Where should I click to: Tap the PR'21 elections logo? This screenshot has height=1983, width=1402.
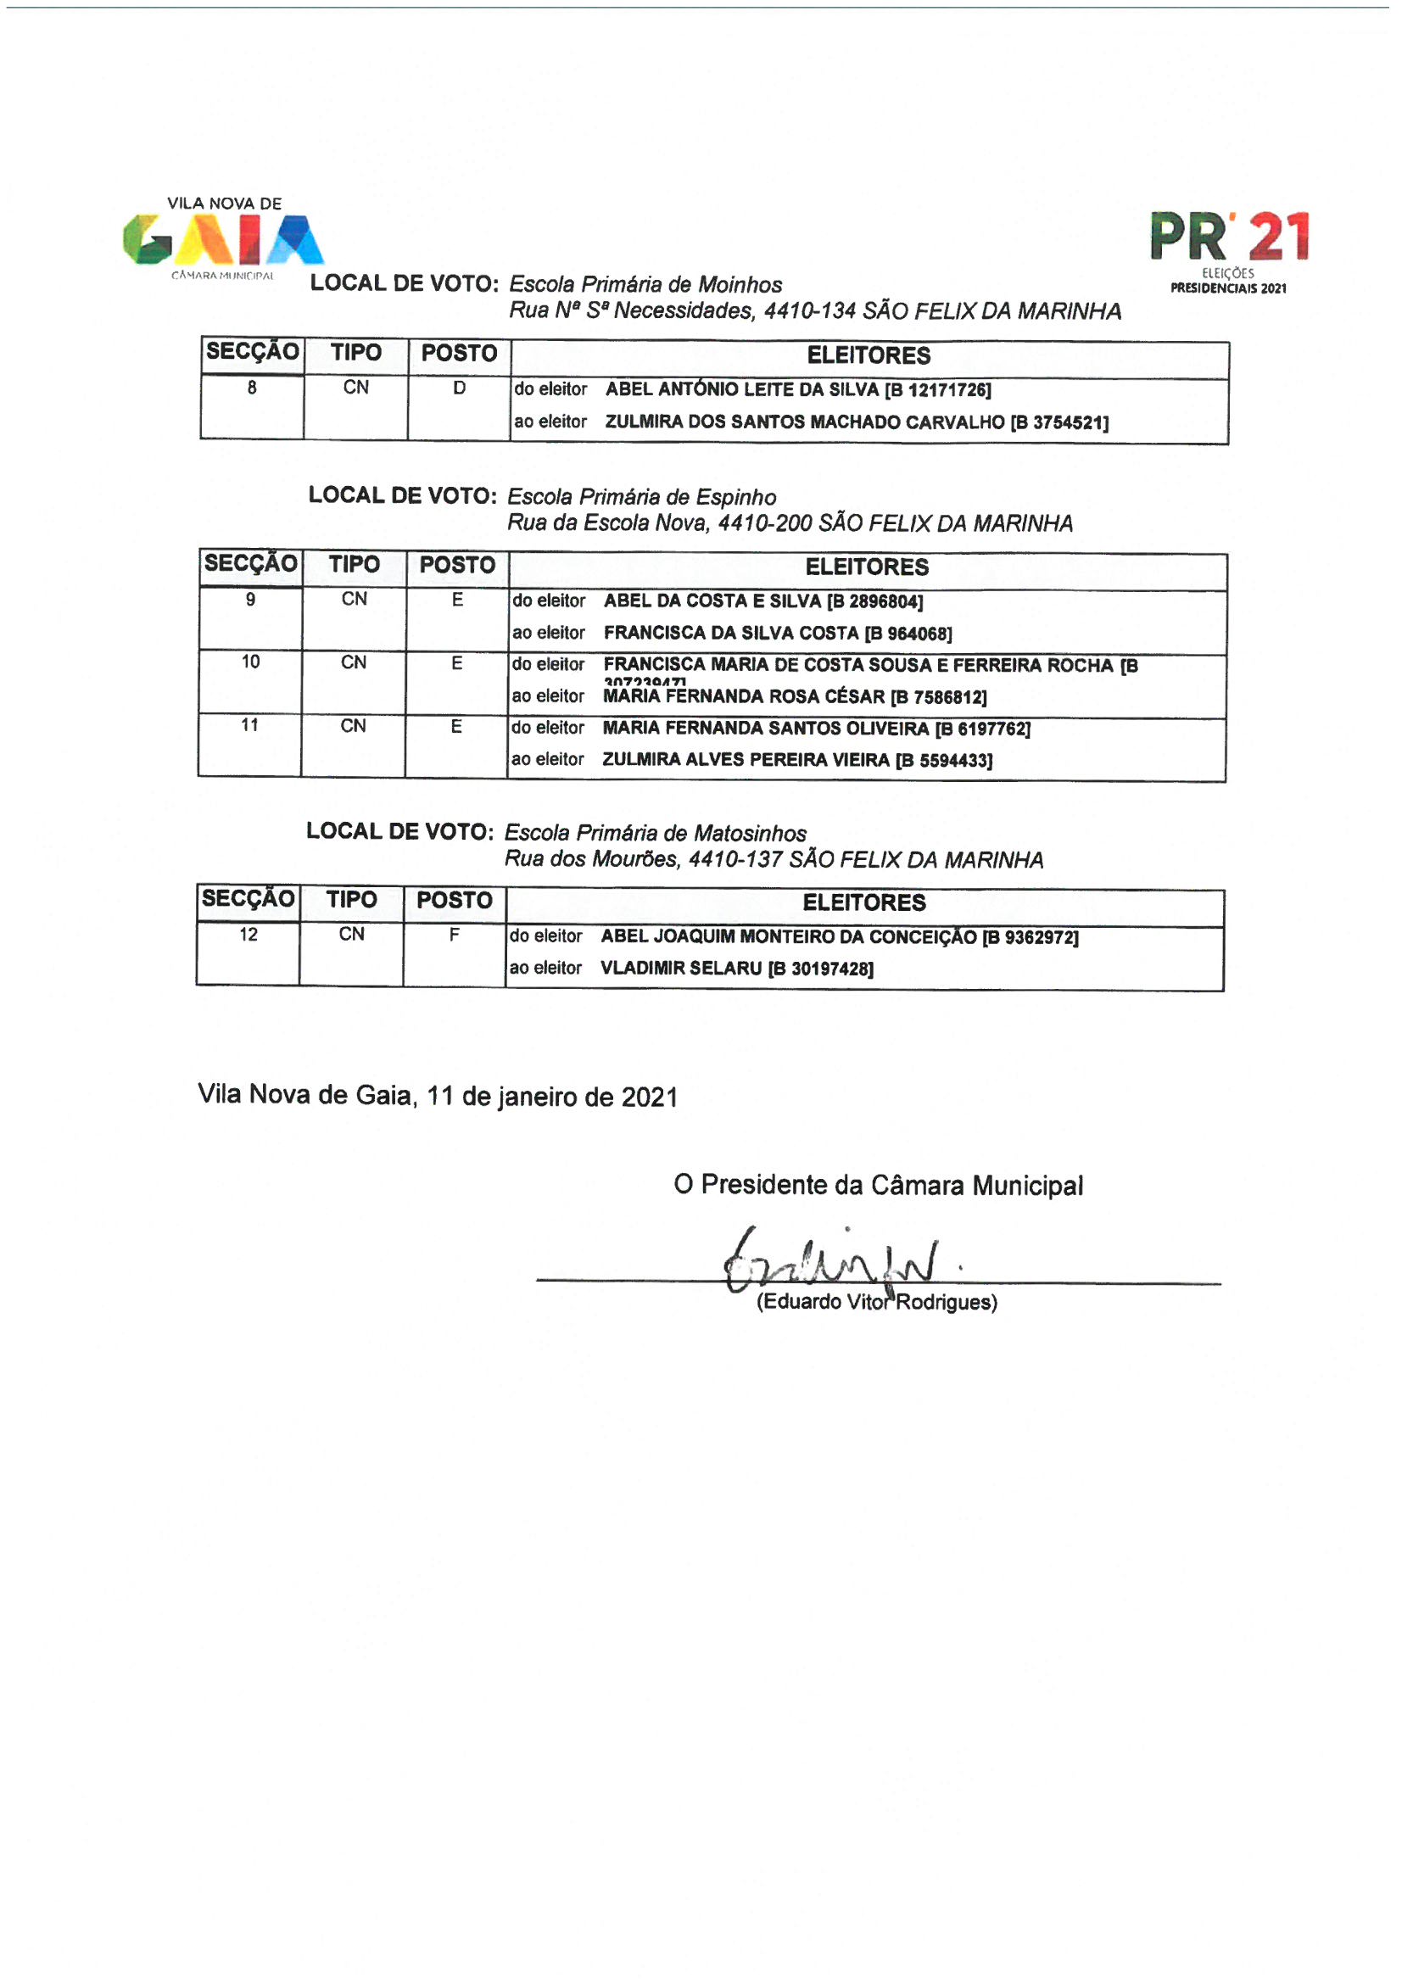click(1228, 249)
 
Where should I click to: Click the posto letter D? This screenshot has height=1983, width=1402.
click(460, 388)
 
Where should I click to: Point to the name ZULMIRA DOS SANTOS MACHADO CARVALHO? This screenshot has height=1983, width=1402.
click(804, 422)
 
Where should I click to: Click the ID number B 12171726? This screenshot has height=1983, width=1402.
click(937, 390)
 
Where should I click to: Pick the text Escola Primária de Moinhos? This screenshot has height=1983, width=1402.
click(645, 285)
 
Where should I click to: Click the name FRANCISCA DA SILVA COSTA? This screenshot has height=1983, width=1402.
click(731, 633)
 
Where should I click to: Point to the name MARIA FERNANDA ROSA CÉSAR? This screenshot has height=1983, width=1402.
click(744, 697)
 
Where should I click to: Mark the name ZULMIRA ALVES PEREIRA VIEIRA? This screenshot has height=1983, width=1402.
click(746, 760)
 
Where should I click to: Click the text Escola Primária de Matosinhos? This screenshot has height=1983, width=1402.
click(655, 834)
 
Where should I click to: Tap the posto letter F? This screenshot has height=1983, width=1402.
click(455, 935)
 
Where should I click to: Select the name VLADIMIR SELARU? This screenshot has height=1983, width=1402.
click(681, 969)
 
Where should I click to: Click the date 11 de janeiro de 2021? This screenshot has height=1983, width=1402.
click(552, 1097)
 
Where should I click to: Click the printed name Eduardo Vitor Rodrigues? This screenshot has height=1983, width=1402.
click(877, 1303)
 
